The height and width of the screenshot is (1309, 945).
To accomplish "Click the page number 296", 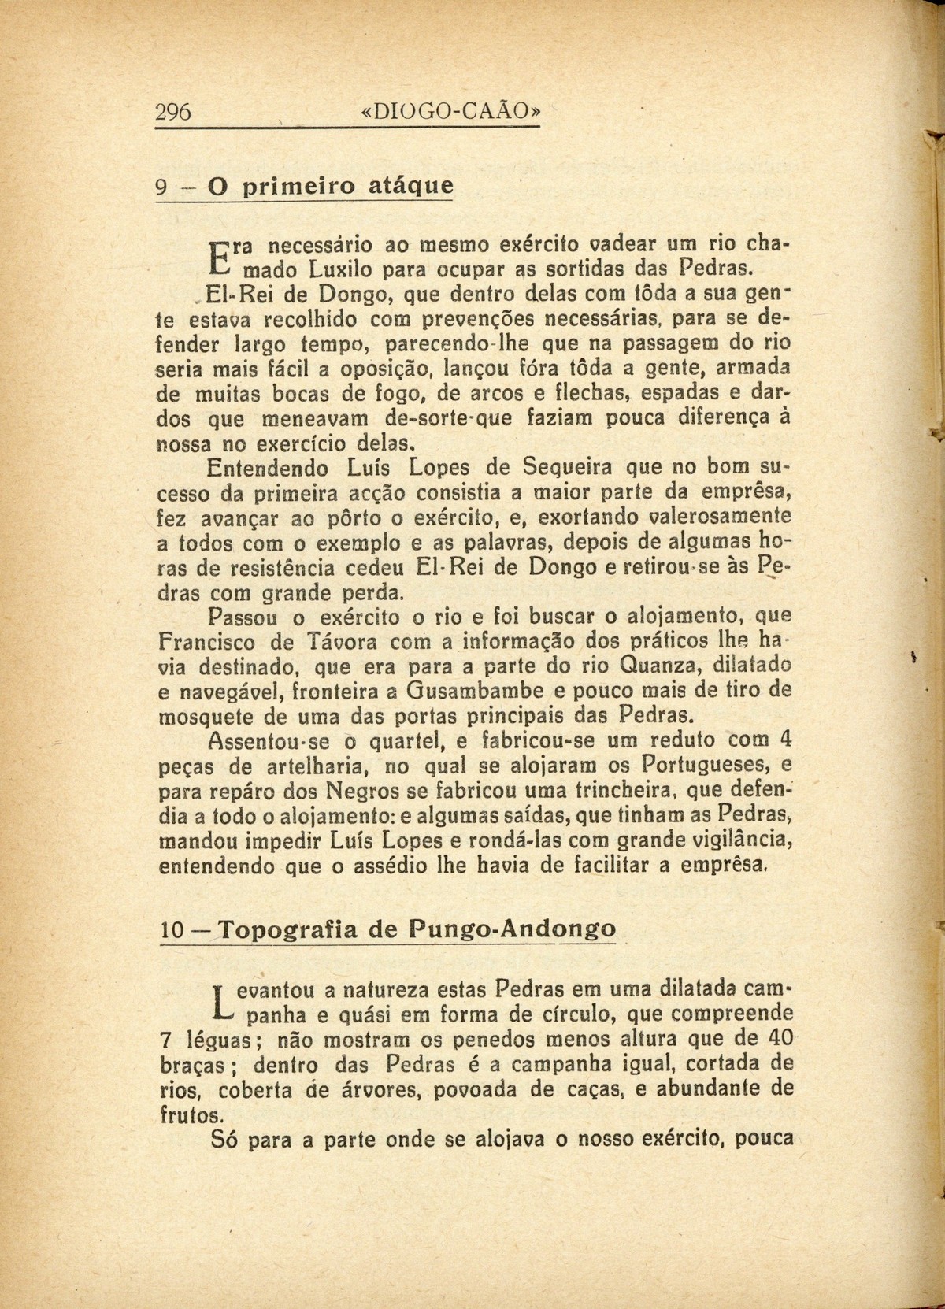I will click(x=174, y=113).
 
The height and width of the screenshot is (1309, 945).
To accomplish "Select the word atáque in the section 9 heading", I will click(x=412, y=188).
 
